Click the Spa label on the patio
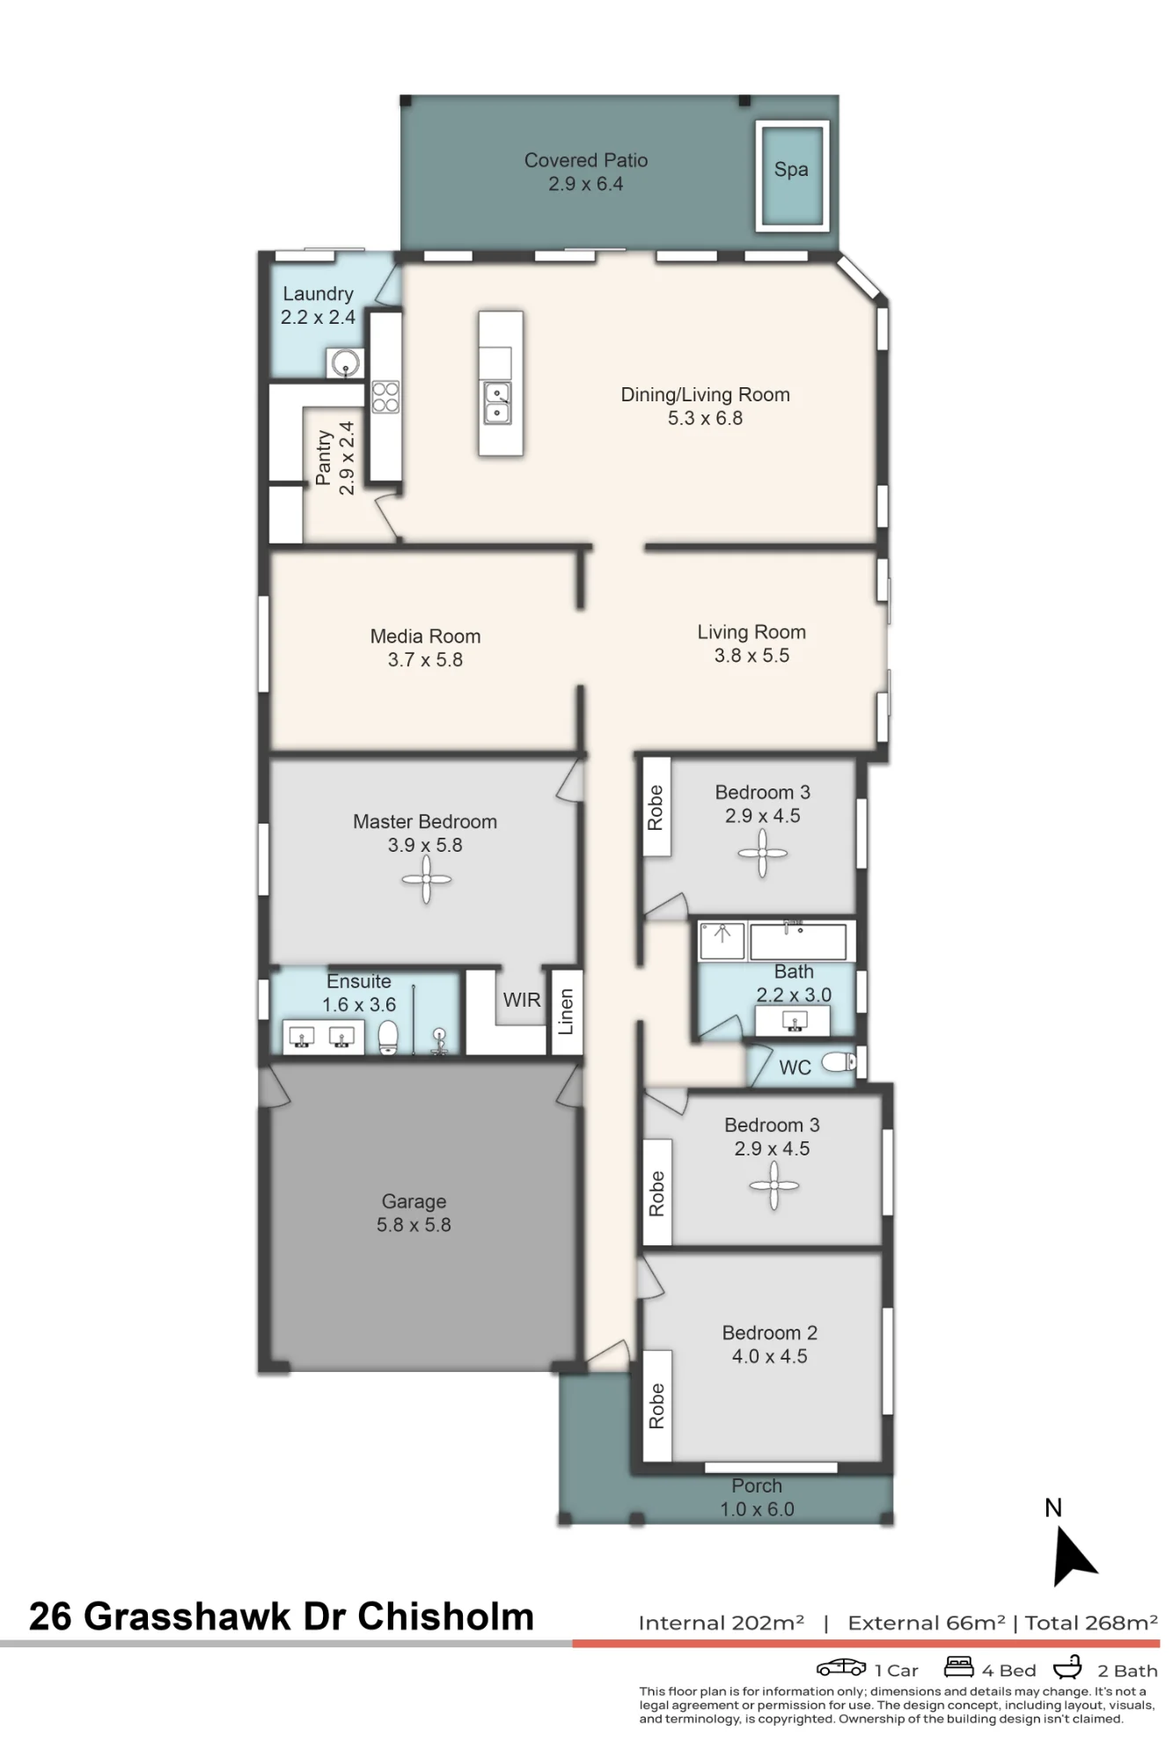tap(791, 170)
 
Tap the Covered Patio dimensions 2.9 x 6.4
tap(586, 184)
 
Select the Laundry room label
tap(318, 294)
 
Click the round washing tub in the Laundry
tap(344, 363)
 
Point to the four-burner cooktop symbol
tap(385, 397)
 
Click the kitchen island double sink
tap(497, 402)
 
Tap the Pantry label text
tap(323, 458)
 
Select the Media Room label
tap(425, 636)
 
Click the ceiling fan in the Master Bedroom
tap(427, 879)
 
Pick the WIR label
tap(522, 1000)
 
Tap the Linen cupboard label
tap(566, 1012)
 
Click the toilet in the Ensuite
tap(388, 1037)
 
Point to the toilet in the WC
tap(839, 1062)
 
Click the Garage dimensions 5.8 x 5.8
tap(414, 1225)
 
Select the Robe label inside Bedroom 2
tap(656, 1405)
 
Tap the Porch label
tap(757, 1485)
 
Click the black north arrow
tap(1073, 1556)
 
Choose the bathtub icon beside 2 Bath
tap(1067, 1667)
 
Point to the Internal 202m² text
tap(722, 1623)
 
